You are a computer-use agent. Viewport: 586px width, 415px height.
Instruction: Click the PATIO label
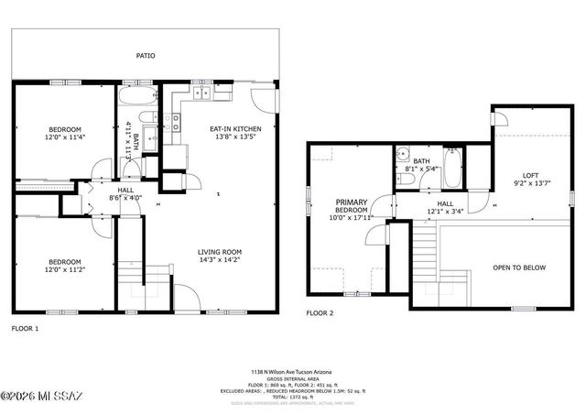pyautogui.click(x=145, y=56)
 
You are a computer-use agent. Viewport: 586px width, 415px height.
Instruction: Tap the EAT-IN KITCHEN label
pyautogui.click(x=236, y=129)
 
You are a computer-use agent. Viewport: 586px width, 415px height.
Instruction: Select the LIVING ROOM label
pyautogui.click(x=220, y=252)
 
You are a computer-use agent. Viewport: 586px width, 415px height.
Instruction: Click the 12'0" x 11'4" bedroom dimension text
pyautogui.click(x=65, y=137)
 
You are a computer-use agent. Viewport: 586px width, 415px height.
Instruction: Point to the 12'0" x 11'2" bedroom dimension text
pyautogui.click(x=65, y=269)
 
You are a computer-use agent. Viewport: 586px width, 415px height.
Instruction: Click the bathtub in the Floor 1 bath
pyautogui.click(x=138, y=96)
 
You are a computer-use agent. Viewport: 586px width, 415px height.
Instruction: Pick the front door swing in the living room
pyautogui.click(x=186, y=297)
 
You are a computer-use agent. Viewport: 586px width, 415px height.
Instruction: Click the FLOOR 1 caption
pyautogui.click(x=25, y=327)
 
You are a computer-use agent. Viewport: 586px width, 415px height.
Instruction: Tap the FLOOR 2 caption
pyautogui.click(x=320, y=313)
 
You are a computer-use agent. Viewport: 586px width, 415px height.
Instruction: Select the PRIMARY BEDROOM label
pyautogui.click(x=351, y=206)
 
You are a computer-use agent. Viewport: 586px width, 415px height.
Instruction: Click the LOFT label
pyautogui.click(x=531, y=175)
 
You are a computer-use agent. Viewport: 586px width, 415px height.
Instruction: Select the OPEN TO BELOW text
pyautogui.click(x=518, y=268)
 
